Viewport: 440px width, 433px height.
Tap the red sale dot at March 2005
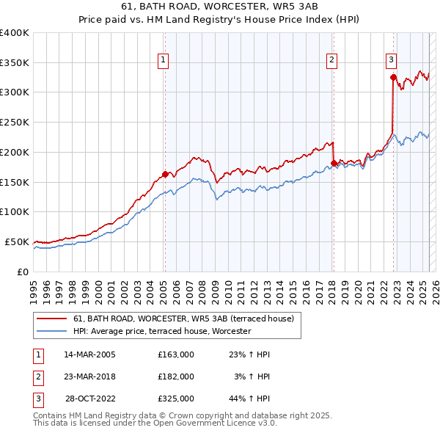coord(165,174)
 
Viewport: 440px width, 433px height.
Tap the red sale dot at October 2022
coord(394,77)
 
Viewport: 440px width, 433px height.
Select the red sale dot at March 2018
coord(334,163)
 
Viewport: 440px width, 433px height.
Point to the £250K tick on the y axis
coord(15,123)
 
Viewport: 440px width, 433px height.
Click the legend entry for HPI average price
coord(161,331)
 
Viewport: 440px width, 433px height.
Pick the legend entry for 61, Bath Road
coord(183,319)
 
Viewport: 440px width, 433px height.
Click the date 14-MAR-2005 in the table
coord(89,354)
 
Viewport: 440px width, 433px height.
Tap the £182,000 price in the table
coord(176,376)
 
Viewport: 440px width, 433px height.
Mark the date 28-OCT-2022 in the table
coord(90,399)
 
